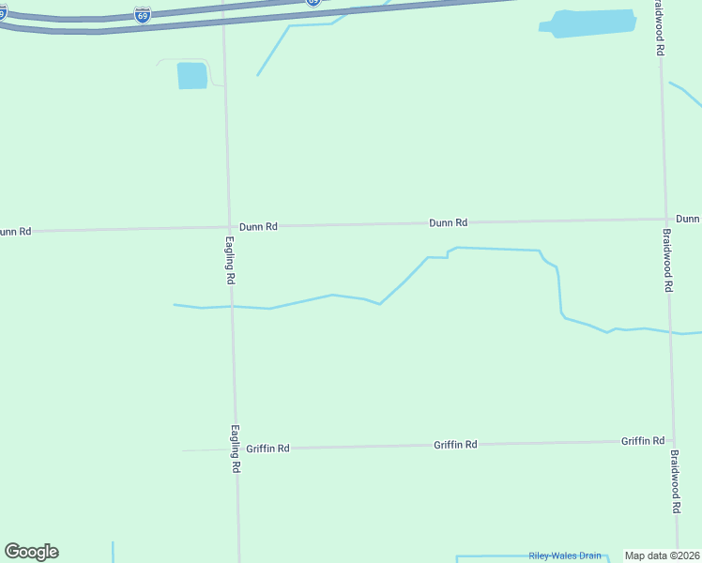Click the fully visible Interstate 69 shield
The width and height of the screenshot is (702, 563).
(142, 16)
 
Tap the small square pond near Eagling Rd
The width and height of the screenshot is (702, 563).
(191, 76)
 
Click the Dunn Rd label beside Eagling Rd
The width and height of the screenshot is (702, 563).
(258, 226)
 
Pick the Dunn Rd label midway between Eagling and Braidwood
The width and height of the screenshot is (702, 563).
(448, 223)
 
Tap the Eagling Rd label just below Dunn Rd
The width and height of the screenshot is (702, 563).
(230, 260)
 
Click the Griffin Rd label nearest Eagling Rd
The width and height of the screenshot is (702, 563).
(267, 449)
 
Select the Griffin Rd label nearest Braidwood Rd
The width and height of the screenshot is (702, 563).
(643, 441)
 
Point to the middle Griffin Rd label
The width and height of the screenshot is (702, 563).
(455, 445)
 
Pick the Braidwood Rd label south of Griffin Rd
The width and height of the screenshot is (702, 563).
(675, 481)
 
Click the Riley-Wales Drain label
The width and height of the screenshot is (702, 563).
(565, 555)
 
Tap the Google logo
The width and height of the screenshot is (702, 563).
(31, 552)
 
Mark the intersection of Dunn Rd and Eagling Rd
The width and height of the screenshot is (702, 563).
(228, 227)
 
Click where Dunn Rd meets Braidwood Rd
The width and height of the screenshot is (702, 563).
(665, 220)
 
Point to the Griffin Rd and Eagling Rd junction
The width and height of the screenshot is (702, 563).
(235, 449)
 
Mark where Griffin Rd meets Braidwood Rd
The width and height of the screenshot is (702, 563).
(672, 441)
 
